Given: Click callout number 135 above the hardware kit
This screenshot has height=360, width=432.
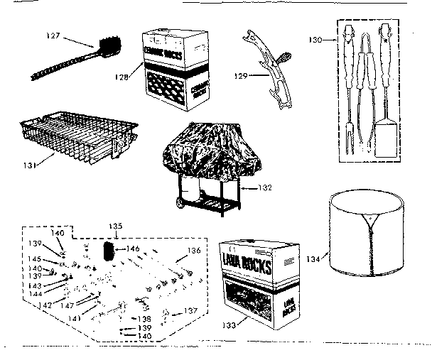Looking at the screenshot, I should coord(116,227).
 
